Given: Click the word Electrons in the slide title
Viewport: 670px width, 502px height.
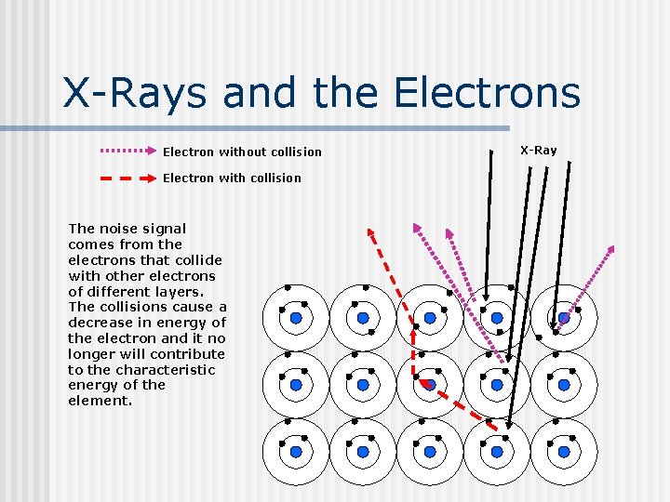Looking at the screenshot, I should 487,93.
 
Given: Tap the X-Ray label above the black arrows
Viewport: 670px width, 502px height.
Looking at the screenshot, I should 538,150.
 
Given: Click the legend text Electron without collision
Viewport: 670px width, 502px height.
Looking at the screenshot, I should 242,152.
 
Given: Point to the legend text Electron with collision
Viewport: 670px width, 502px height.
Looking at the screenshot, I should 232,178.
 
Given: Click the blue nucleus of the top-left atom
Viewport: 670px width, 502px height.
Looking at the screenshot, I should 296,318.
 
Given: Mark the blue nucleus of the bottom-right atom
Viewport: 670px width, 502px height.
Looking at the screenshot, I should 564,452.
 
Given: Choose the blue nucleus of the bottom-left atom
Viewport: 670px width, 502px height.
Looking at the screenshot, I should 296,452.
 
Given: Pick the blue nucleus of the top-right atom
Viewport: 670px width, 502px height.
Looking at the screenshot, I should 564,318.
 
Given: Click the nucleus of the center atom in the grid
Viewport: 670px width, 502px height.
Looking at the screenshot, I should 430,385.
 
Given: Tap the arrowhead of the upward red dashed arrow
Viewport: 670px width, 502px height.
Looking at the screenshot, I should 370,231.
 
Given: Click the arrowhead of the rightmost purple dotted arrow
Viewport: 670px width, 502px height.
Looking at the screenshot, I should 610,249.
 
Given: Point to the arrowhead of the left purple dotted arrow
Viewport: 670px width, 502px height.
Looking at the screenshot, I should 417,228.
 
